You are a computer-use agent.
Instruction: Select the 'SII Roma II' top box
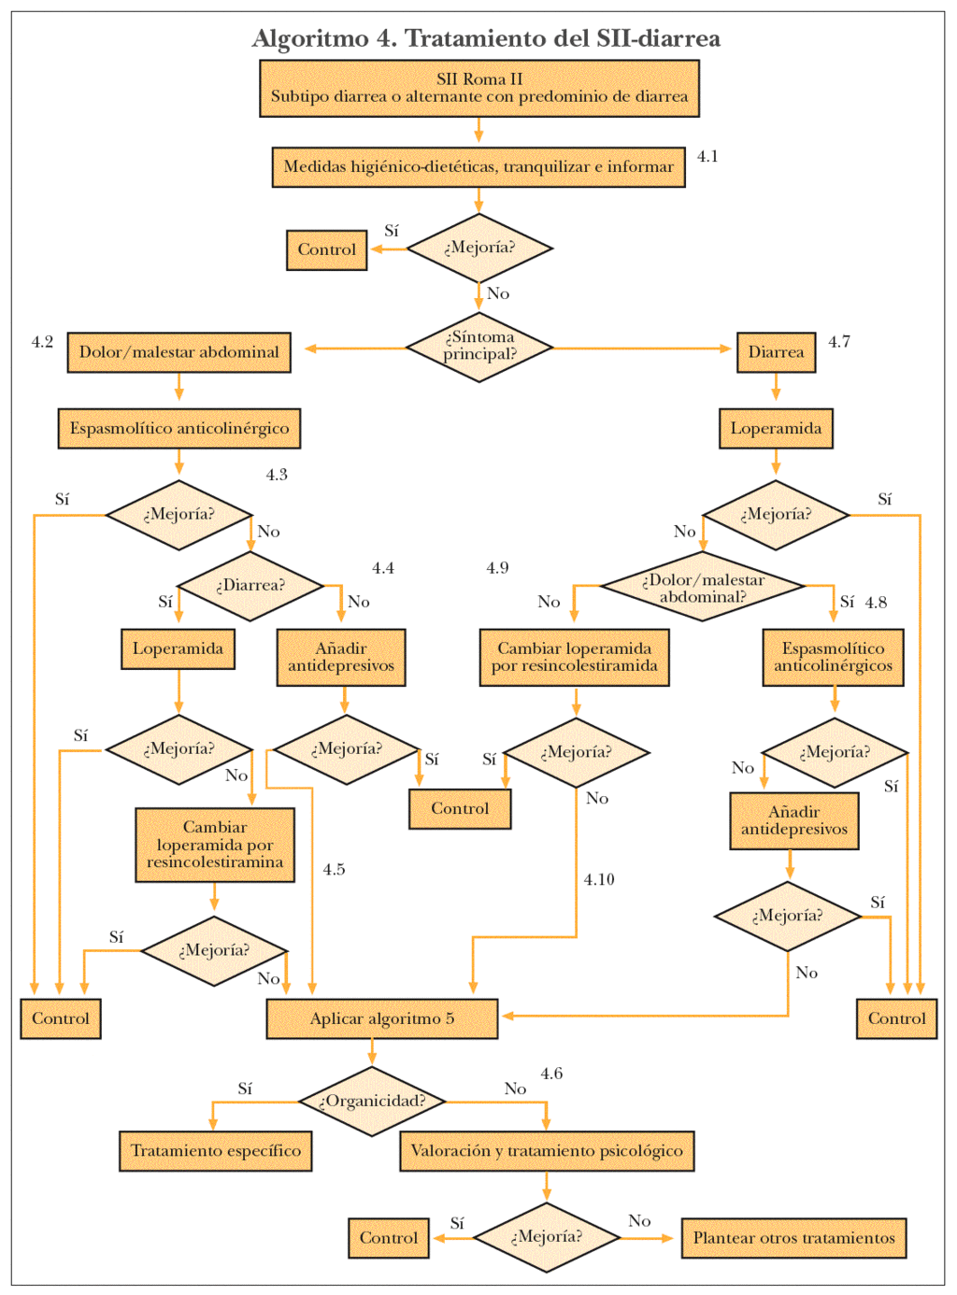[x=478, y=88]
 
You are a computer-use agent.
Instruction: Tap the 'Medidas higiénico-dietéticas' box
[x=478, y=167]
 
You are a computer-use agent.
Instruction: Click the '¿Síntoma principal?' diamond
[x=478, y=347]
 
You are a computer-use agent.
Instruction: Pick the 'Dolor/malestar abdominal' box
[x=179, y=352]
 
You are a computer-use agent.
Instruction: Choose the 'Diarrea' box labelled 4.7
[x=776, y=352]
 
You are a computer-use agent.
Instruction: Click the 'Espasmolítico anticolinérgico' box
[x=179, y=429]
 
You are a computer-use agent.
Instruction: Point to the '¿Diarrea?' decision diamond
[x=250, y=586]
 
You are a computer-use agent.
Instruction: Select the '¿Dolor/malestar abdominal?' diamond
[x=703, y=588]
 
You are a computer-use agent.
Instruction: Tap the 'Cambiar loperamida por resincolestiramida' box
[x=574, y=657]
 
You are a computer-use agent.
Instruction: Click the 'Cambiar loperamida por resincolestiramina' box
[x=215, y=845]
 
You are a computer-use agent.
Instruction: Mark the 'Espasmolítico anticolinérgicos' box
[x=833, y=657]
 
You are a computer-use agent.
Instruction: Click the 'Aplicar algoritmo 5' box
[x=381, y=1018]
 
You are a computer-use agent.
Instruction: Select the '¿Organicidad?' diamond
[x=372, y=1101]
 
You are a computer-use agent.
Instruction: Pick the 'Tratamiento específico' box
[x=215, y=1151]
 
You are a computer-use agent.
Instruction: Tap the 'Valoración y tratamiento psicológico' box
[x=547, y=1151]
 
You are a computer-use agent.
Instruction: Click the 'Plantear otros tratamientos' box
[x=793, y=1238]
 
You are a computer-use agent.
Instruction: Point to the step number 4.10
[x=599, y=879]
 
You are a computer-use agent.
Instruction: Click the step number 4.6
[x=551, y=1074]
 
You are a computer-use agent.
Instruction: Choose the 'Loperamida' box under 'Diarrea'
[x=776, y=429]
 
